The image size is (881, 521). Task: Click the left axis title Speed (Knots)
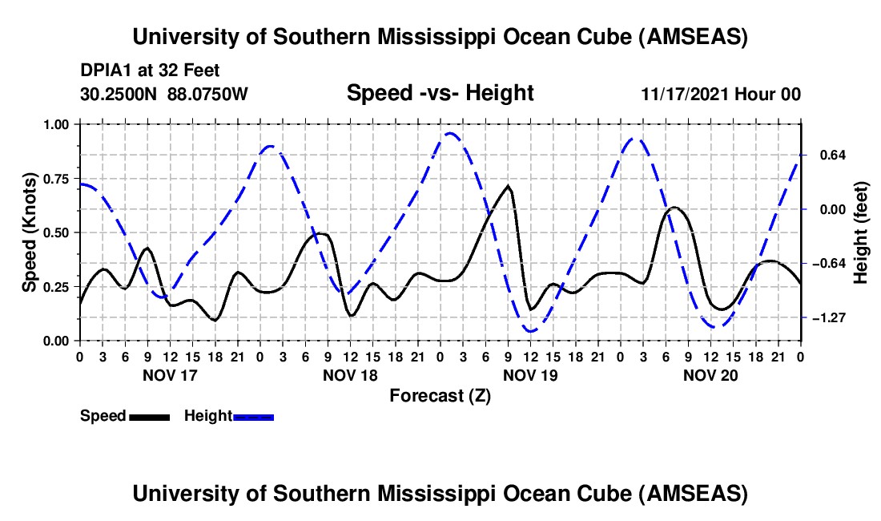29,232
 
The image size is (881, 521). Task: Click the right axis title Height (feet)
861,232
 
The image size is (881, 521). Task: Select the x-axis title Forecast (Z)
440,395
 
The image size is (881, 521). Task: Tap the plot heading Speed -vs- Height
440,94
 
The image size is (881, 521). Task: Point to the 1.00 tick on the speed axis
56,124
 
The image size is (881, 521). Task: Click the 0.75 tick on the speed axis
56,179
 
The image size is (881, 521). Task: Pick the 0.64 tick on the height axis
826,155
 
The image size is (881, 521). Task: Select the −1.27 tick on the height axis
826,318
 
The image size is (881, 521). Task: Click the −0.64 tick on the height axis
826,264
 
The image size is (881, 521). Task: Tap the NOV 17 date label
170,375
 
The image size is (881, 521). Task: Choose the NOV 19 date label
530,375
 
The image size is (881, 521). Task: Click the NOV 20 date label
710,375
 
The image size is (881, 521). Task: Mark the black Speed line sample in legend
150,416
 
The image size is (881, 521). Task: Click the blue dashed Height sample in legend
254,416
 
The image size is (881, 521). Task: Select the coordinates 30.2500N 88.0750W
164,94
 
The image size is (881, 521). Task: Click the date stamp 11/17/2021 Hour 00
721,94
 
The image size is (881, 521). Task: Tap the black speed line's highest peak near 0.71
508,186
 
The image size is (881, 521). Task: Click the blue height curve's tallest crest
450,134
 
